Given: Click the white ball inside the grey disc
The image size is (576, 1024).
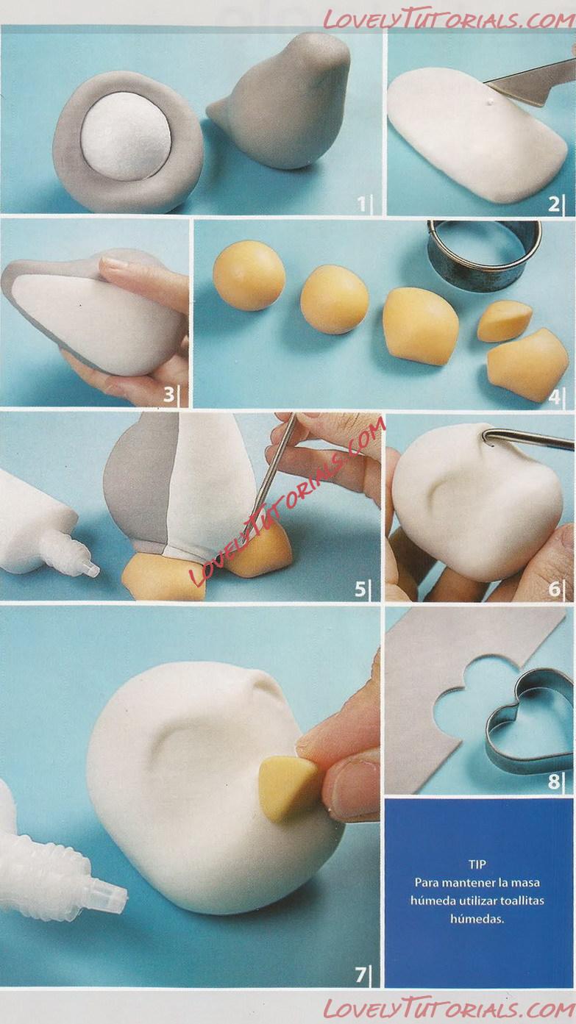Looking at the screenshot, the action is point(127,136).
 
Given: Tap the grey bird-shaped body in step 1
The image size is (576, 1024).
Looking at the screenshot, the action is point(284,103).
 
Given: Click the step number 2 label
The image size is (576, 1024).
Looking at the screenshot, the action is point(554,204).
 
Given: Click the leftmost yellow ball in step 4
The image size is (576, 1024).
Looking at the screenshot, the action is point(249,275).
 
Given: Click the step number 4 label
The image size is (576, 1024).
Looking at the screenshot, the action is point(554,397).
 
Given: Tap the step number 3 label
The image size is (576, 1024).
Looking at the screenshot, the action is point(168,394).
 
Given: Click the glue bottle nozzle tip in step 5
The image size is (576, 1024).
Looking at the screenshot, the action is point(93,570).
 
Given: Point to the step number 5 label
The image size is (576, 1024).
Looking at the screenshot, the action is point(360,590).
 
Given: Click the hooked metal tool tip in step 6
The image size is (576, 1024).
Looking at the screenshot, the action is point(486,436).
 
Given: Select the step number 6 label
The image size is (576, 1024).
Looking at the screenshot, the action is point(554,590).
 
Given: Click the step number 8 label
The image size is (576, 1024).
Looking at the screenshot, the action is point(554,781).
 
